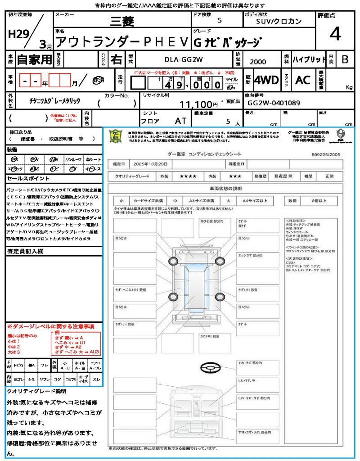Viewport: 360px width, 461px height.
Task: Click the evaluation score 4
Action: [335, 34]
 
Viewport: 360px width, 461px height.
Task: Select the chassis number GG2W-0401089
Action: [274, 103]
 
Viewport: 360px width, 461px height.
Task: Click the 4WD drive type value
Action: [266, 80]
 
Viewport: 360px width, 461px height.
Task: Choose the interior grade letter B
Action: [345, 59]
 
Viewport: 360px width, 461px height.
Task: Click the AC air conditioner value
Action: [303, 80]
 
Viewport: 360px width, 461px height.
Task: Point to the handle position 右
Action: [117, 59]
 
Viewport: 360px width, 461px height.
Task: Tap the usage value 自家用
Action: [35, 59]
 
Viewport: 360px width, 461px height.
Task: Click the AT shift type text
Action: [180, 121]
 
